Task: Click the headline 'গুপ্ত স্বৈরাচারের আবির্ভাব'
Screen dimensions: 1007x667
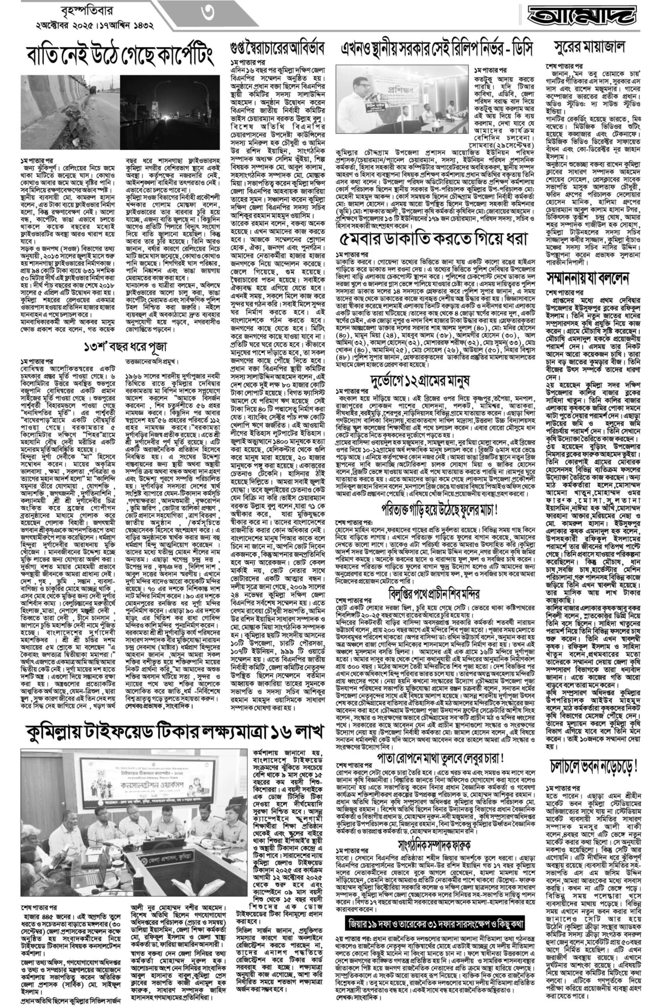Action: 277,48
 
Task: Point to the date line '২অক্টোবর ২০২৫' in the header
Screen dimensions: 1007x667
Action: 65,25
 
